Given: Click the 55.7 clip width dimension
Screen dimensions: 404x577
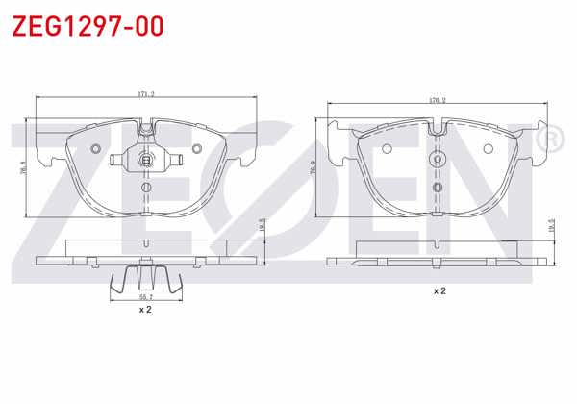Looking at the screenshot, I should (145, 300).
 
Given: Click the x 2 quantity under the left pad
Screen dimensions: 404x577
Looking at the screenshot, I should (145, 311).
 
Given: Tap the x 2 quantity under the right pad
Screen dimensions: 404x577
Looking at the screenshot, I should (439, 290).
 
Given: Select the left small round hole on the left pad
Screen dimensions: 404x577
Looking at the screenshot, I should (95, 148).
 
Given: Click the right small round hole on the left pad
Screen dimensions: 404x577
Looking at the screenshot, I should (196, 148).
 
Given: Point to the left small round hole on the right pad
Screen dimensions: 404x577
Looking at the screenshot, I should (387, 149).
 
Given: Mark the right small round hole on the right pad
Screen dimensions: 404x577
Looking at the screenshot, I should (489, 149).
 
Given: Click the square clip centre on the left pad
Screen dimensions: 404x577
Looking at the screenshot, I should (145, 160).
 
